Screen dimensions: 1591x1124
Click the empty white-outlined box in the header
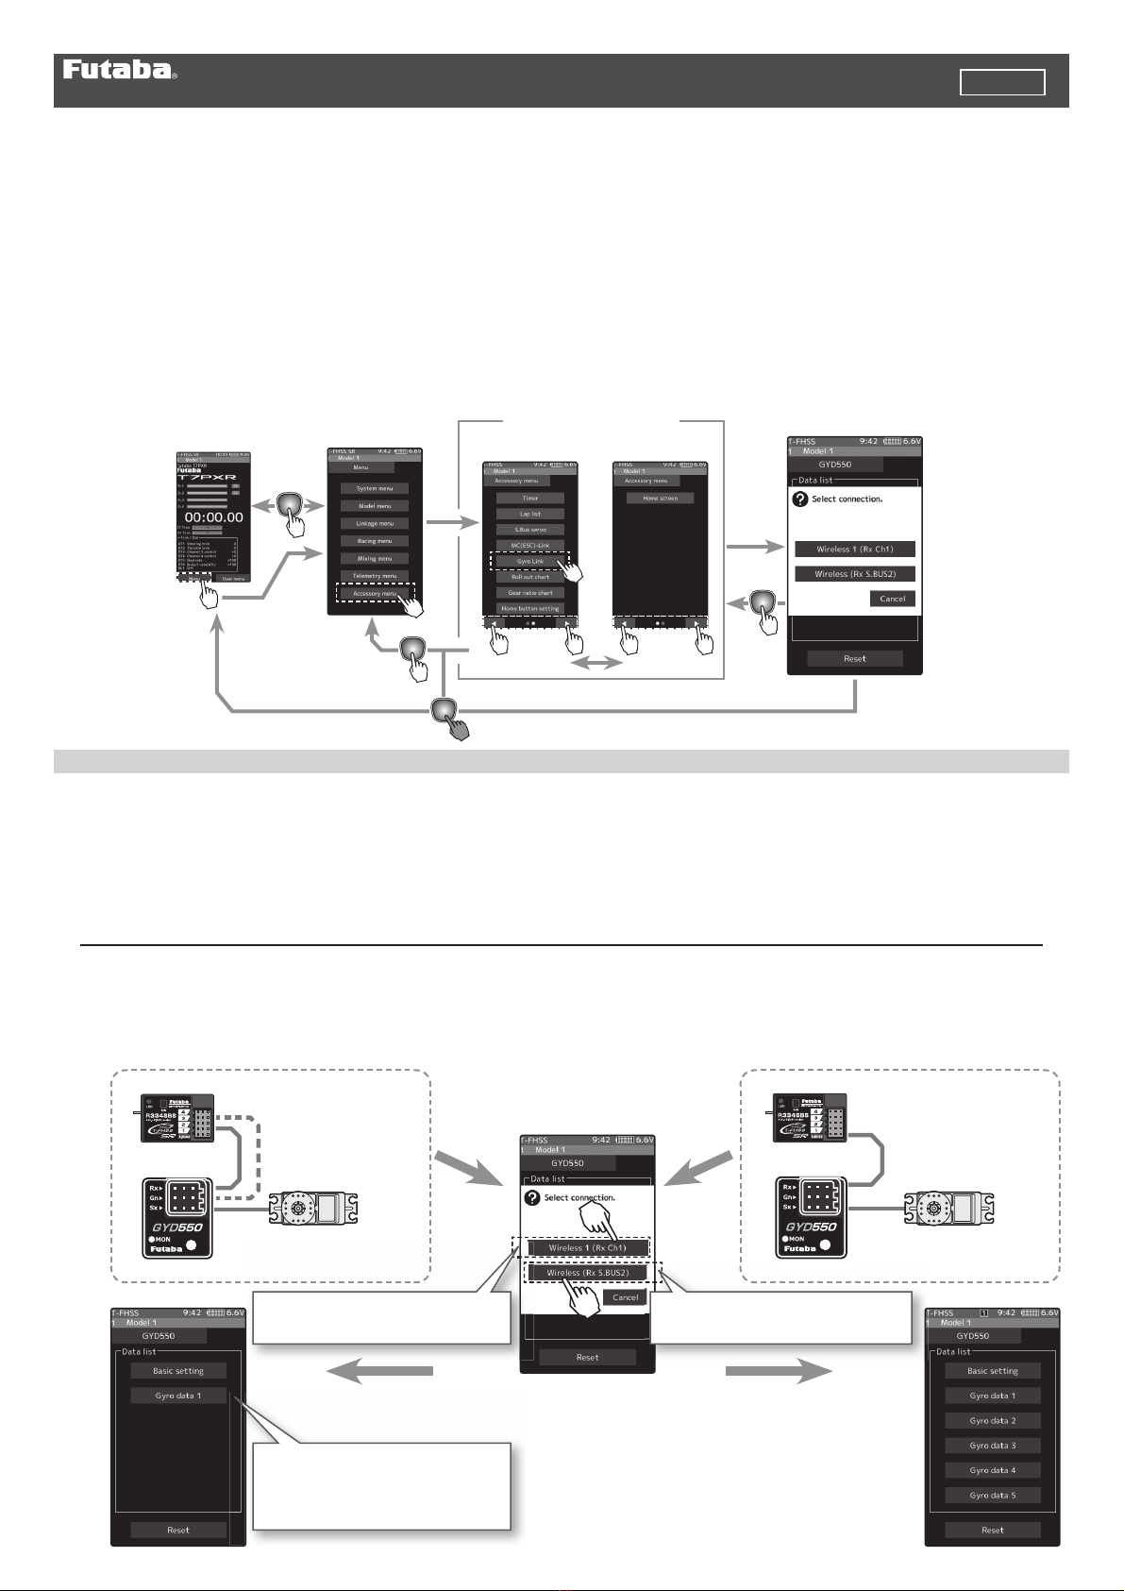click(1002, 82)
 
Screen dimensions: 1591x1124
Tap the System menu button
click(375, 488)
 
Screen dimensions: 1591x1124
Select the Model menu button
click(375, 506)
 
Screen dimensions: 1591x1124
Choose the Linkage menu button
click(375, 523)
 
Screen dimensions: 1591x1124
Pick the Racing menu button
click(375, 541)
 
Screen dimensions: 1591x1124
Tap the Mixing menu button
click(375, 558)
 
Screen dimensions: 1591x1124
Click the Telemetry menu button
click(375, 576)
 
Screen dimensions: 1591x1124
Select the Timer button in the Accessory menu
click(530, 498)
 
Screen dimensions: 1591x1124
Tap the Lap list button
click(530, 514)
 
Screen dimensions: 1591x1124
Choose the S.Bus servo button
click(530, 530)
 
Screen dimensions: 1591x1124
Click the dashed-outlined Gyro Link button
click(530, 561)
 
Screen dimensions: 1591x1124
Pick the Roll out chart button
click(530, 577)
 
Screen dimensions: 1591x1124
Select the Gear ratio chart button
click(530, 593)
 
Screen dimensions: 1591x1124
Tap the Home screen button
click(660, 498)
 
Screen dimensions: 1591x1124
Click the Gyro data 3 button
click(993, 1445)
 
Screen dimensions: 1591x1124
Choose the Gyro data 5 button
click(993, 1495)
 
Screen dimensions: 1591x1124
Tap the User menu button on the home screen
click(232, 578)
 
